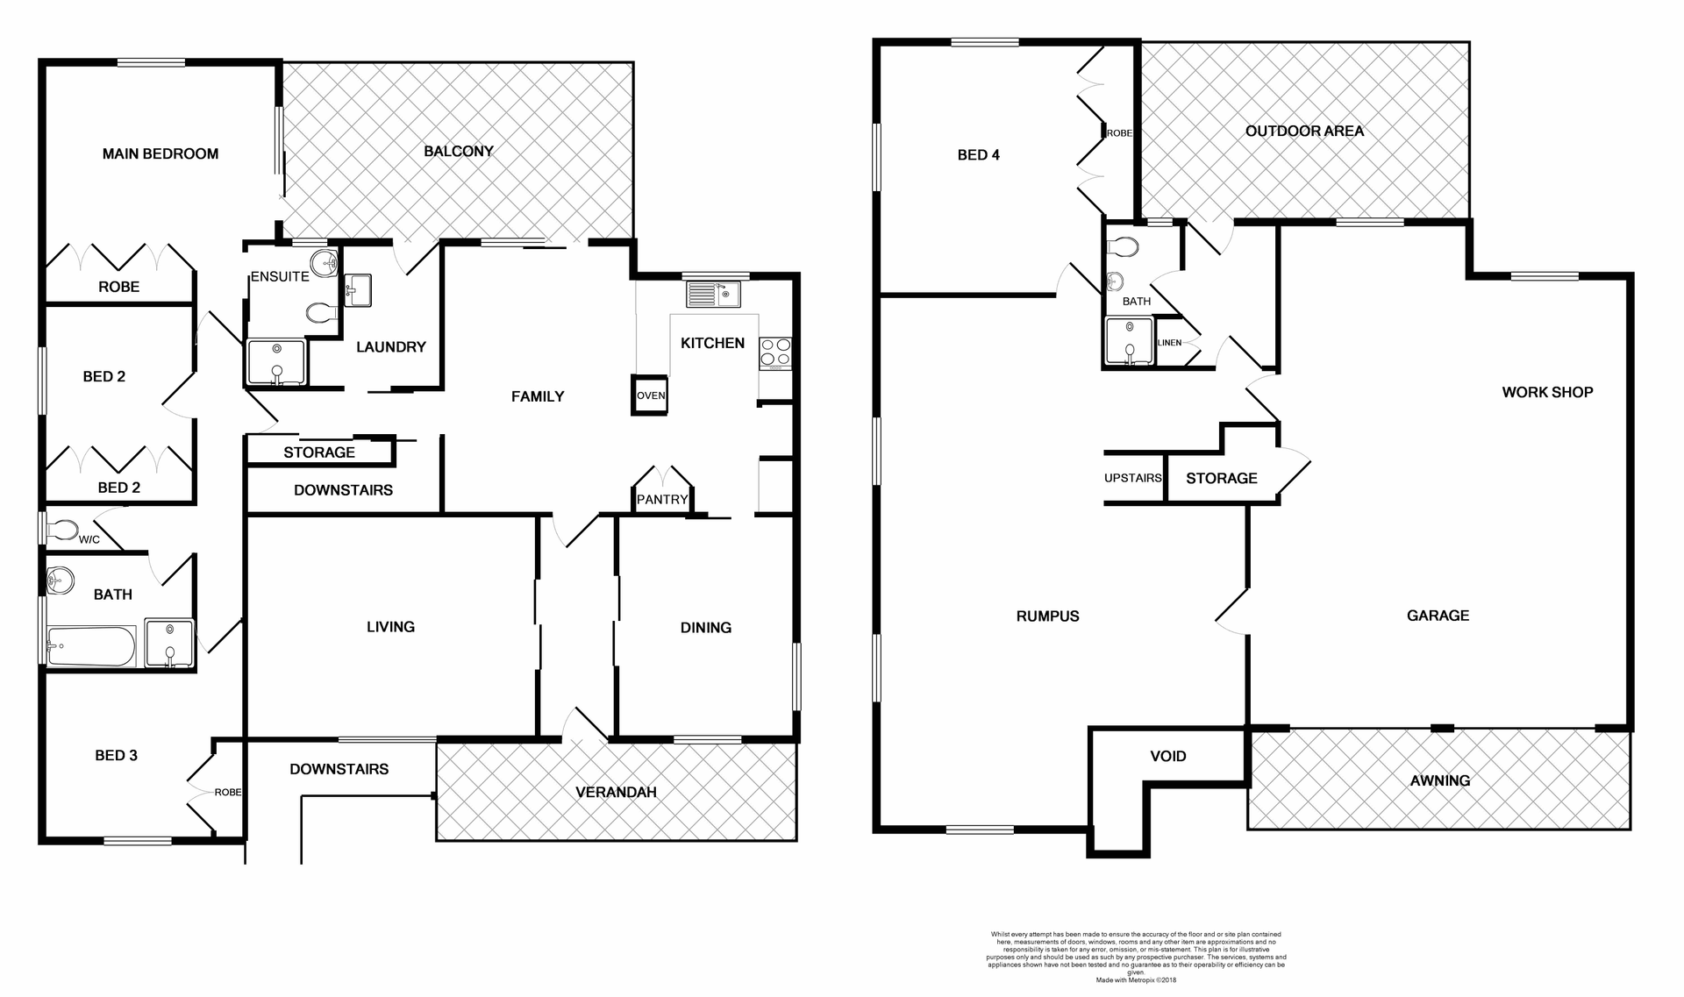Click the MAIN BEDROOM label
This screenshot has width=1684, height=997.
160,154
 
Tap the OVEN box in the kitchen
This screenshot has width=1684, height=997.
650,395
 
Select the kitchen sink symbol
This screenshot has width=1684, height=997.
713,294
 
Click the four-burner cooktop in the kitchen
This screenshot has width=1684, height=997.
775,353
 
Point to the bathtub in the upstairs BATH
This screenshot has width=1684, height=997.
91,647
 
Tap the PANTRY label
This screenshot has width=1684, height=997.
662,499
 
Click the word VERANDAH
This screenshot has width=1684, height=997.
616,792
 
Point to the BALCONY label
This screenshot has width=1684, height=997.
458,151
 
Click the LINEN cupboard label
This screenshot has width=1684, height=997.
1169,343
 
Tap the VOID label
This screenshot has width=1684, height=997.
1167,756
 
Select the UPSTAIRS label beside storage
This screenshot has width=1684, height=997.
1132,478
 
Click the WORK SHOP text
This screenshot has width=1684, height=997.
1547,392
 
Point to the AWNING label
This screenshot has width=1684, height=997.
1439,780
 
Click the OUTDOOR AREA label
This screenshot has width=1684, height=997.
1304,131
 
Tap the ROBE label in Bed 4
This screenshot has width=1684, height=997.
1119,133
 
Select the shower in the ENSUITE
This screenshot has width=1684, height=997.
276,362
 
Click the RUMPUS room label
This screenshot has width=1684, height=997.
1047,616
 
